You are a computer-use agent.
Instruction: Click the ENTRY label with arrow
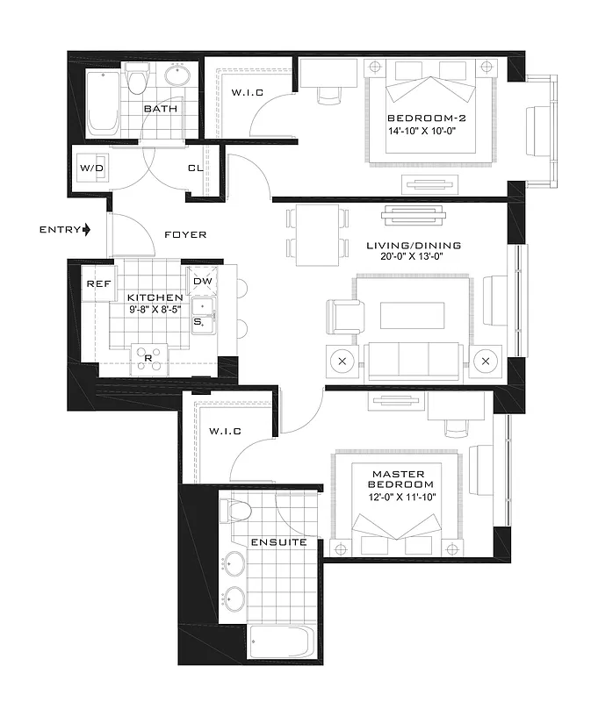coord(65,230)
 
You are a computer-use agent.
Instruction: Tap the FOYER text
coord(185,234)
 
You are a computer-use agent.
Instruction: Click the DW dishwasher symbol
coord(202,281)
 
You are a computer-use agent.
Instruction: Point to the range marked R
coord(147,358)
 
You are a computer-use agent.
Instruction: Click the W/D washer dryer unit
coord(90,168)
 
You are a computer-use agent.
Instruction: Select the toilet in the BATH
coord(136,80)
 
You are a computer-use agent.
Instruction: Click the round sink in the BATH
coord(178,76)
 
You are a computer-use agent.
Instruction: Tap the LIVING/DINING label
coord(414,246)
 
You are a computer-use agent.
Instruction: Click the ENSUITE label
coord(278,541)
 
